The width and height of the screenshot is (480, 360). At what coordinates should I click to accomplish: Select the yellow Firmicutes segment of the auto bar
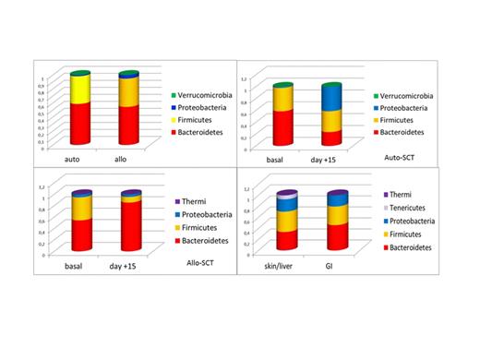(x=80, y=90)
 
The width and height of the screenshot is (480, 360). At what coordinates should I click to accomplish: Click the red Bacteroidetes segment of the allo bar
(x=128, y=125)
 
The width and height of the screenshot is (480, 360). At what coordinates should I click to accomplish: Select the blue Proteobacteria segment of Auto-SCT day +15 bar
(x=331, y=98)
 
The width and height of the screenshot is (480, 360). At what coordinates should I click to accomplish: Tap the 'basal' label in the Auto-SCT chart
(x=275, y=158)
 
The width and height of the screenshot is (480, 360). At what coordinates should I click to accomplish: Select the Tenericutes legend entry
(x=408, y=208)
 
